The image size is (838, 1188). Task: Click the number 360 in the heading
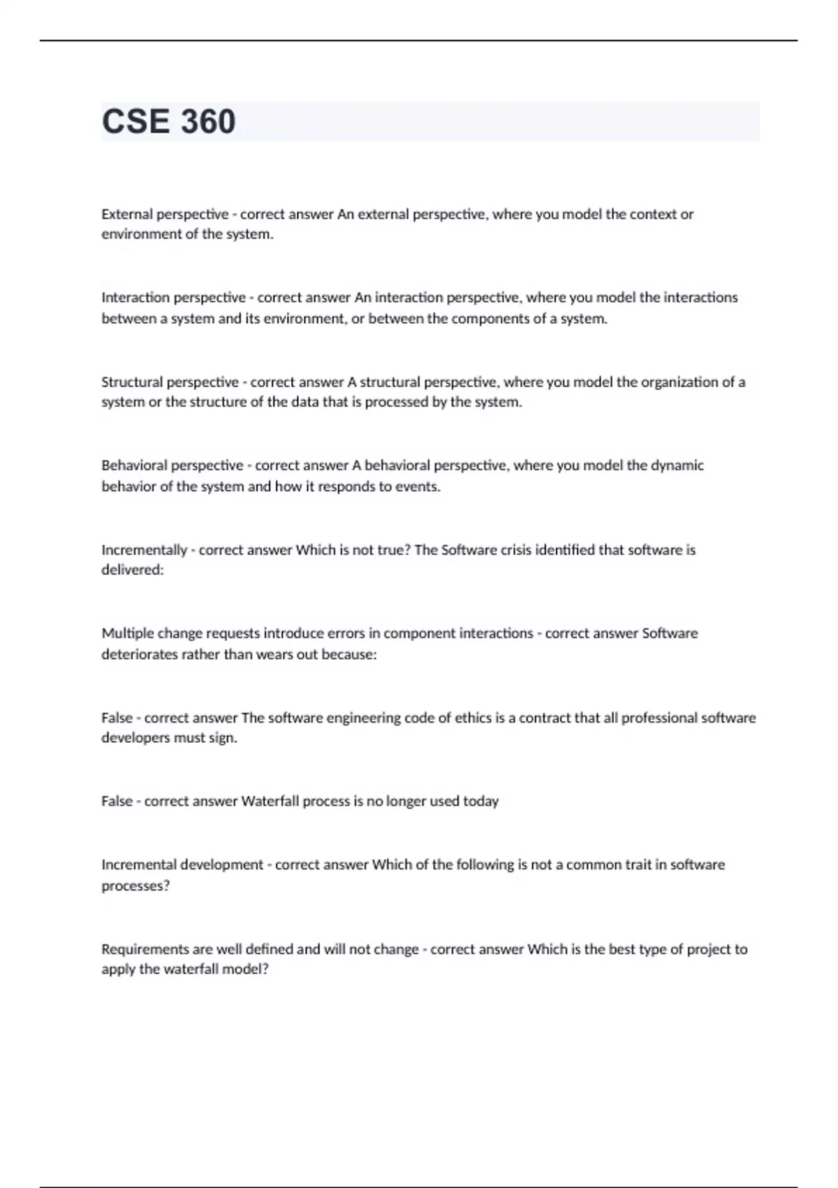(207, 122)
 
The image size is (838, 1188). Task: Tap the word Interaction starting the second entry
(135, 298)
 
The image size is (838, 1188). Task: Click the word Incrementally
(144, 550)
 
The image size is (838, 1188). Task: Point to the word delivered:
(133, 570)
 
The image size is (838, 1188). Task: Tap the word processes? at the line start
(135, 885)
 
